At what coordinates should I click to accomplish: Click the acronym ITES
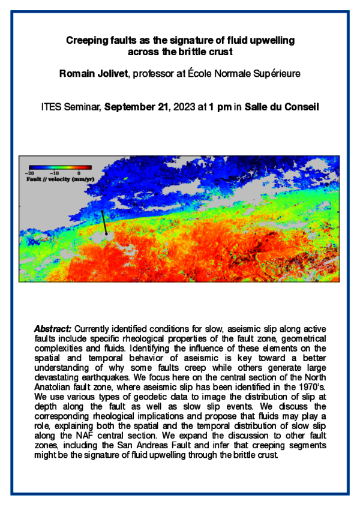coord(52,108)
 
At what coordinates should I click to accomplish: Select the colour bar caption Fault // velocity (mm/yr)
coord(58,179)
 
